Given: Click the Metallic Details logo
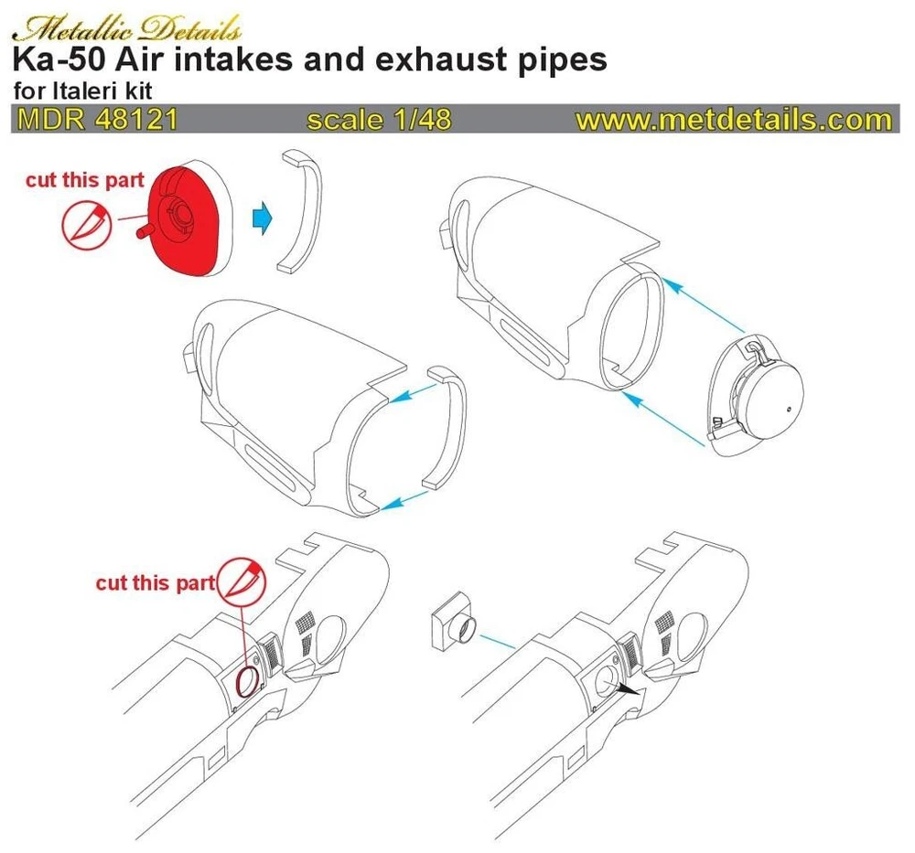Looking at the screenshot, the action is [x=126, y=28].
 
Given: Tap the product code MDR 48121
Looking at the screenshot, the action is [x=98, y=120].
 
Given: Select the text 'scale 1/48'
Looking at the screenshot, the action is [x=380, y=120].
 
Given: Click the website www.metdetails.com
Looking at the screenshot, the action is [x=734, y=120].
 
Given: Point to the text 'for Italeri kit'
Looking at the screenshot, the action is [x=82, y=91].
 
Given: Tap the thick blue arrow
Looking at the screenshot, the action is [x=263, y=219].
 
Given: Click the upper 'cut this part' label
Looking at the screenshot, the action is [x=84, y=179].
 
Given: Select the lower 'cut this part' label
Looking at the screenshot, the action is [x=156, y=582].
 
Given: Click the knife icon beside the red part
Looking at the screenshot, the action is [x=86, y=224].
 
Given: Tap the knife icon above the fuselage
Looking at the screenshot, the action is [x=242, y=581].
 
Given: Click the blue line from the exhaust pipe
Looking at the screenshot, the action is [x=497, y=641].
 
